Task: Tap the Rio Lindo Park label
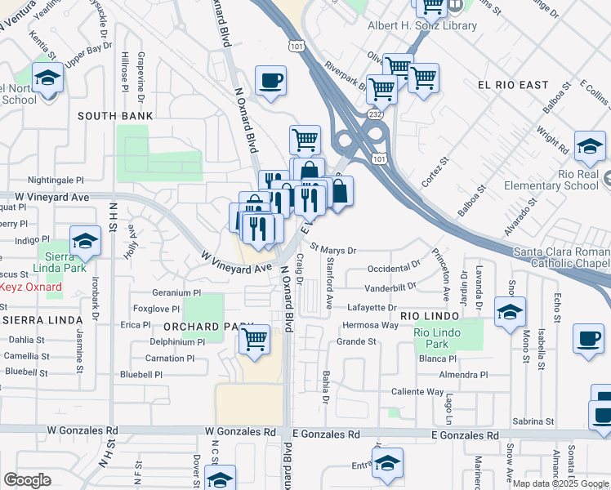pos(436,338)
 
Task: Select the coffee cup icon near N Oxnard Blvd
pos(270,82)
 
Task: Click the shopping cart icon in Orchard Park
pos(255,339)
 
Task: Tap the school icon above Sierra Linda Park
pos(84,242)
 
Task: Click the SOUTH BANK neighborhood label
pos(115,117)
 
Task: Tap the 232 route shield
pos(375,118)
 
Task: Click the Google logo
pos(28,479)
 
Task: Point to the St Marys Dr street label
pos(333,250)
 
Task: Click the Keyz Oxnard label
pos(31,287)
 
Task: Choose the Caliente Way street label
pos(417,392)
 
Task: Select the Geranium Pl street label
pos(176,292)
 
